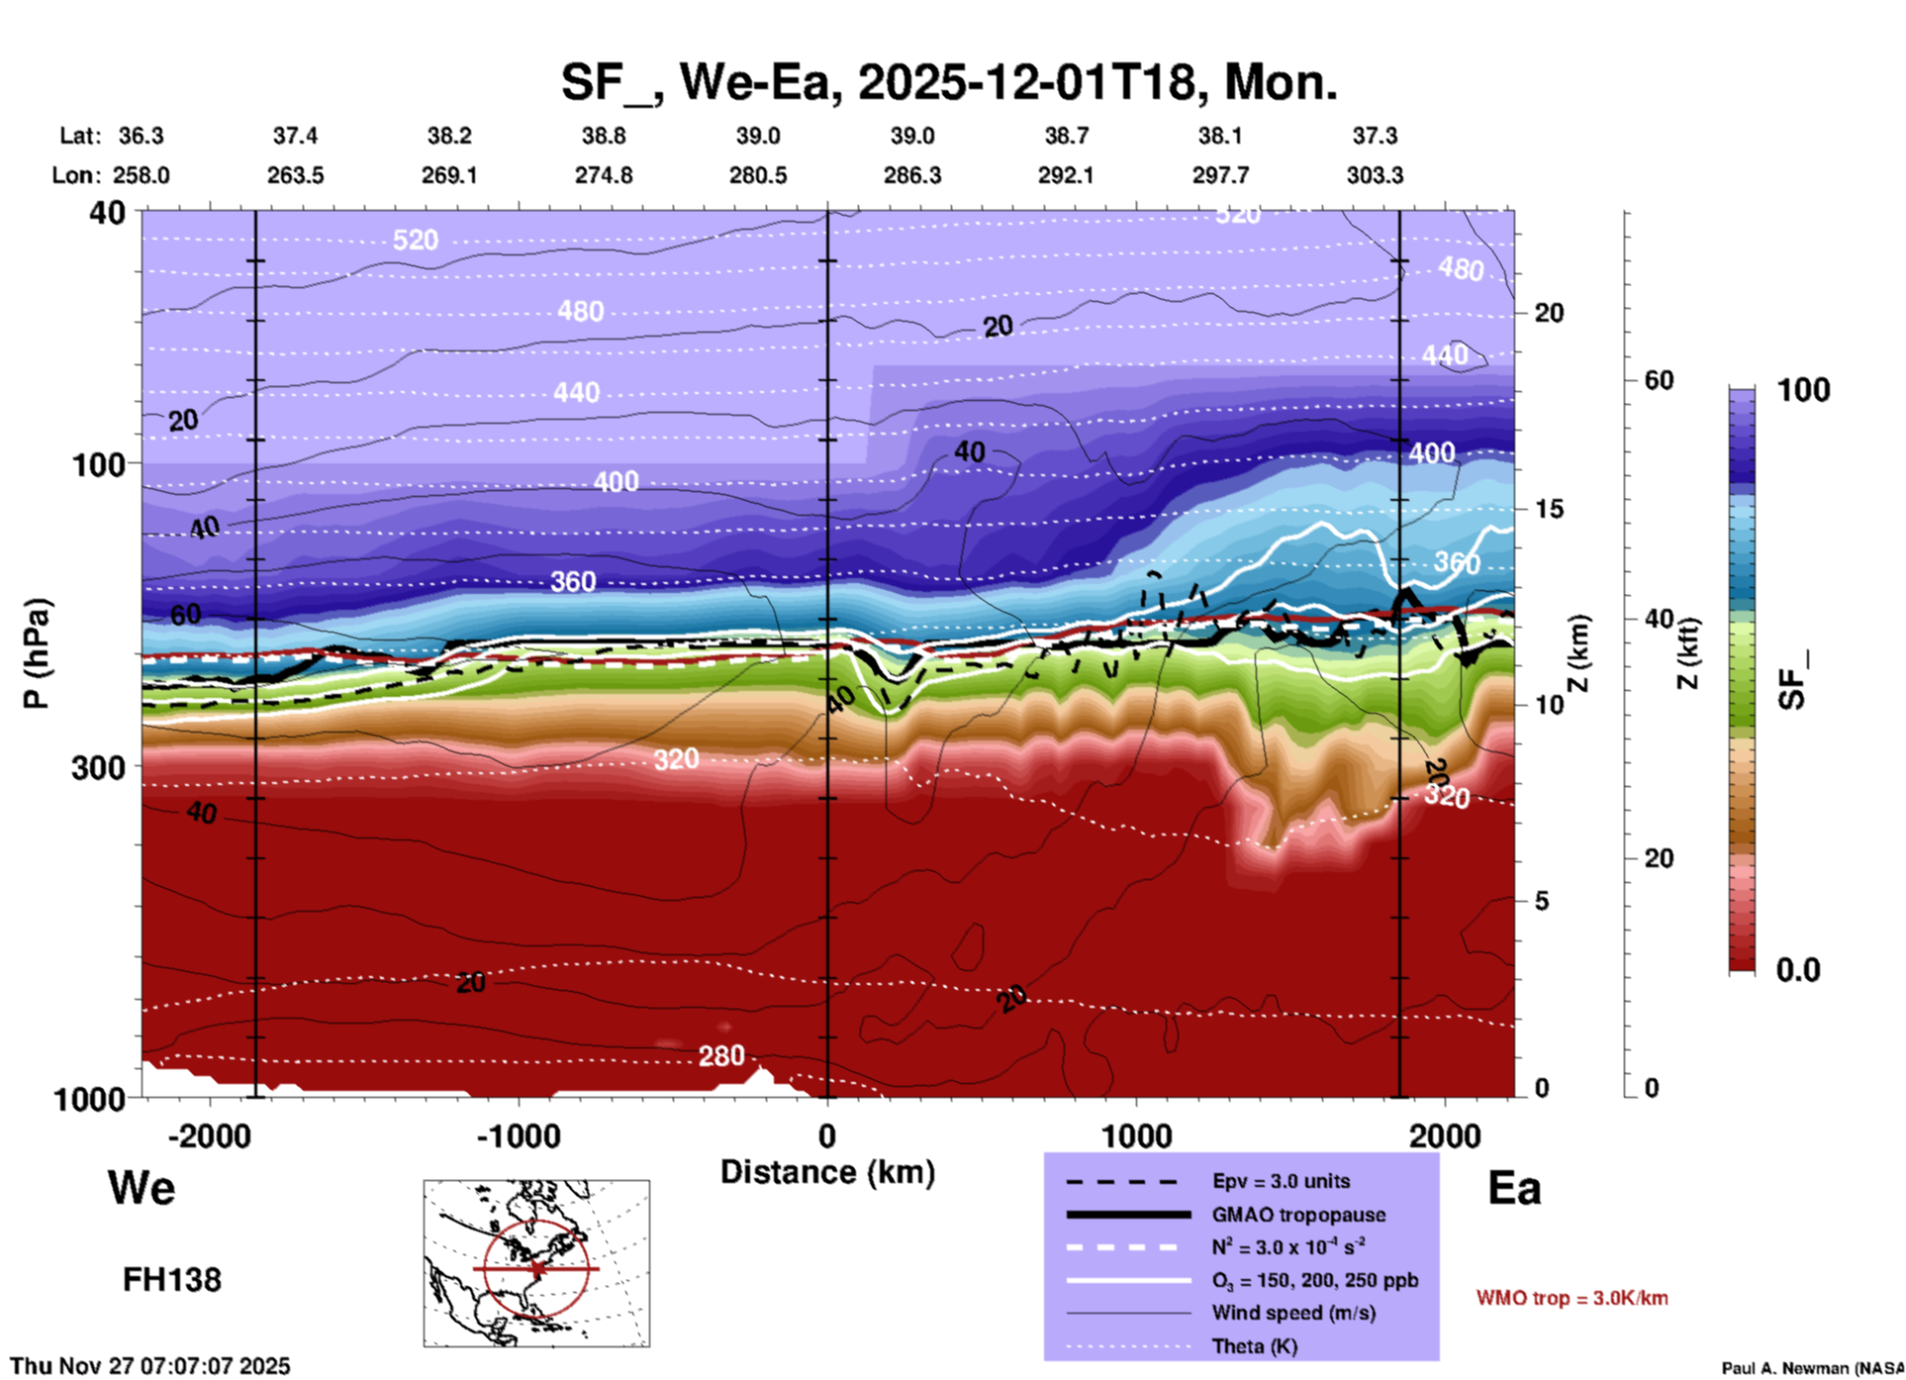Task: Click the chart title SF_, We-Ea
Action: (x=948, y=82)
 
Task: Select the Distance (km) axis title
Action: (x=827, y=1172)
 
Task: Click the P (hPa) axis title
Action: (x=37, y=653)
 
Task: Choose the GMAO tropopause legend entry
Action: (x=1298, y=1215)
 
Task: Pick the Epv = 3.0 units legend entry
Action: (x=1281, y=1181)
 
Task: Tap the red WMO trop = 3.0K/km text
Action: (x=1572, y=1298)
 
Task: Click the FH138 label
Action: (x=172, y=1280)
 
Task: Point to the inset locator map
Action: (x=536, y=1263)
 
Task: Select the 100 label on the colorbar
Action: (x=1803, y=390)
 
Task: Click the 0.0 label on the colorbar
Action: (x=1797, y=970)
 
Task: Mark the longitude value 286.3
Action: (x=911, y=175)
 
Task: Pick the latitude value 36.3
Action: (x=142, y=136)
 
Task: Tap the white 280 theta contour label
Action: (x=720, y=1056)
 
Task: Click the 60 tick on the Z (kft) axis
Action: (x=1659, y=380)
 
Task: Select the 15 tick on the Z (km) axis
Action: (x=1549, y=509)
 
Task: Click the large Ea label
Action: (x=1514, y=1188)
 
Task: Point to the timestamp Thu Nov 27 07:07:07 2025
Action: (x=150, y=1366)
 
